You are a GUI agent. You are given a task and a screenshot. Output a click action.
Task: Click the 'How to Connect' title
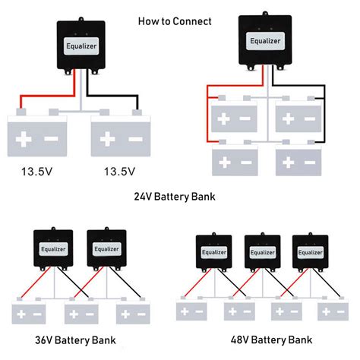(x=175, y=21)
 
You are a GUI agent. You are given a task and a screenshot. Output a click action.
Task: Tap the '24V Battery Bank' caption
(x=175, y=197)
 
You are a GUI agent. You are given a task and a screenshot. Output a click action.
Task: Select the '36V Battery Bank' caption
(x=75, y=340)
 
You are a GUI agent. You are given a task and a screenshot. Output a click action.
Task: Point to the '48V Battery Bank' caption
(x=271, y=339)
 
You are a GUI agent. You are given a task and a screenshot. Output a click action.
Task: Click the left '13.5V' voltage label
(x=37, y=172)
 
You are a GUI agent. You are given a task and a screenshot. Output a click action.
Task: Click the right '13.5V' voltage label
(x=119, y=172)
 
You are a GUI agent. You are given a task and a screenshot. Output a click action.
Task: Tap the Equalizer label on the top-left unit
(x=81, y=46)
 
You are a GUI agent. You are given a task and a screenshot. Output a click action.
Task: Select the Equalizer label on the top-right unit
(x=265, y=41)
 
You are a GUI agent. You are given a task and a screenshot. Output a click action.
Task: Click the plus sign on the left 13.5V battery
(x=24, y=139)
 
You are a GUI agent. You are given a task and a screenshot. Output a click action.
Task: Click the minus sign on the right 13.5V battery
(x=135, y=139)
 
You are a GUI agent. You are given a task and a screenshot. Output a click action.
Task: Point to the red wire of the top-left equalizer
(x=48, y=96)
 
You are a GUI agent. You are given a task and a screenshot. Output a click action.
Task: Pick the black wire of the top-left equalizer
(x=112, y=96)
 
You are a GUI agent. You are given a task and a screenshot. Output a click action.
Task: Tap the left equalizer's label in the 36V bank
(x=53, y=249)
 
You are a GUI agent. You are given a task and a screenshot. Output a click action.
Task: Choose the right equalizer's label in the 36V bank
(x=106, y=249)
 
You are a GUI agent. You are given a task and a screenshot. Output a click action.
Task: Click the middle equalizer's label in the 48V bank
(x=262, y=252)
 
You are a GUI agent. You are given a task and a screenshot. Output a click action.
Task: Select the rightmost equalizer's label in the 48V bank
(x=310, y=252)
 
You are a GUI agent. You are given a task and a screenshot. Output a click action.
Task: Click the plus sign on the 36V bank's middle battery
(x=74, y=314)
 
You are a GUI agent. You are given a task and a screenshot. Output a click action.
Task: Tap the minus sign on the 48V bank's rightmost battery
(x=341, y=311)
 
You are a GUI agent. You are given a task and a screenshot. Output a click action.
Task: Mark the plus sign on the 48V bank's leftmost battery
(x=185, y=311)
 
